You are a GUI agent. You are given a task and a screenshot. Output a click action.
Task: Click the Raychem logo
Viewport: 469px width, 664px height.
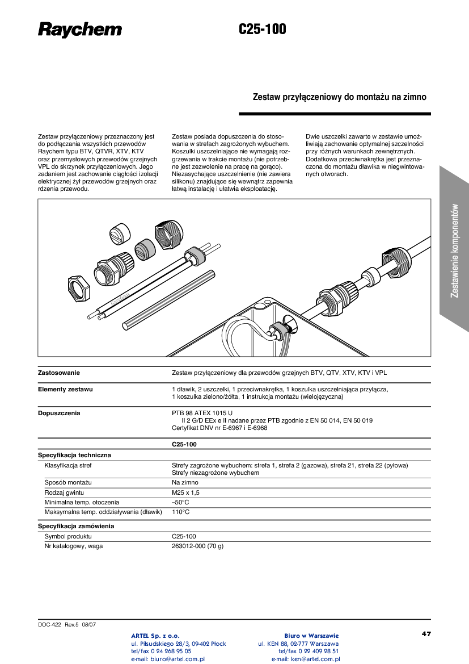tap(79, 30)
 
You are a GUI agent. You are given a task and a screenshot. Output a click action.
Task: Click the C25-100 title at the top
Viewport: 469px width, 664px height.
tap(262, 30)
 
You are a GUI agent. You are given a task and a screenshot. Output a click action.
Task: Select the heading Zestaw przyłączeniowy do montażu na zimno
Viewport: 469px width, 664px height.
tap(339, 97)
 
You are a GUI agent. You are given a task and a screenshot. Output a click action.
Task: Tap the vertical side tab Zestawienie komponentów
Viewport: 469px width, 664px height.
tap(454, 250)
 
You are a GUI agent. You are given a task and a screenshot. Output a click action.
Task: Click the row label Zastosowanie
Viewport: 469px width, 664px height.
tap(59, 373)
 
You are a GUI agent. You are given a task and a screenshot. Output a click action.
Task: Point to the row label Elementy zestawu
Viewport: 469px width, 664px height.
tap(65, 390)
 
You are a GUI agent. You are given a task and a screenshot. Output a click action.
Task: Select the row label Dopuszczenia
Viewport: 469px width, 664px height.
tap(59, 414)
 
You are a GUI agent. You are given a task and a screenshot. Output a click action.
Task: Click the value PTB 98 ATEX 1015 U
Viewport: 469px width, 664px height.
tap(202, 414)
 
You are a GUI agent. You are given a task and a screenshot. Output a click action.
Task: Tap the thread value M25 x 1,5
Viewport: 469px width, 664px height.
tap(185, 492)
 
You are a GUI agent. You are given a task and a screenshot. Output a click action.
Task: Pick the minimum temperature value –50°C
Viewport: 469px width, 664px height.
tap(180, 502)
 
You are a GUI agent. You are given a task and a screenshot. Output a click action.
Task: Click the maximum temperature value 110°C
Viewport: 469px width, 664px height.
tap(180, 512)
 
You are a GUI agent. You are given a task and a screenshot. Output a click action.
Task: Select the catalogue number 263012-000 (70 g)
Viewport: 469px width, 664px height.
tap(197, 546)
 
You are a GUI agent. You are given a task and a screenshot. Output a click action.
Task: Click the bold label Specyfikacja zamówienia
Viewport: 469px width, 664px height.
tap(76, 527)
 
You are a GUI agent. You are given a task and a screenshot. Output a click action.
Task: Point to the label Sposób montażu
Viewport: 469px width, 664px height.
tap(68, 483)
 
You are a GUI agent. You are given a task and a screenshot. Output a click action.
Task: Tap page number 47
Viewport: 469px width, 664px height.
tap(426, 634)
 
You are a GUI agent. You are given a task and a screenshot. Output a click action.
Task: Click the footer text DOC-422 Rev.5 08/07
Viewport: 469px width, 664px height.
tap(67, 624)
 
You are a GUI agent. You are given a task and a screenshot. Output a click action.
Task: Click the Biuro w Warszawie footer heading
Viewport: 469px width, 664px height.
tap(311, 636)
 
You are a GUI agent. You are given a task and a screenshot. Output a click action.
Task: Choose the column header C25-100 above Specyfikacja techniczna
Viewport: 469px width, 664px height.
tap(184, 445)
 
